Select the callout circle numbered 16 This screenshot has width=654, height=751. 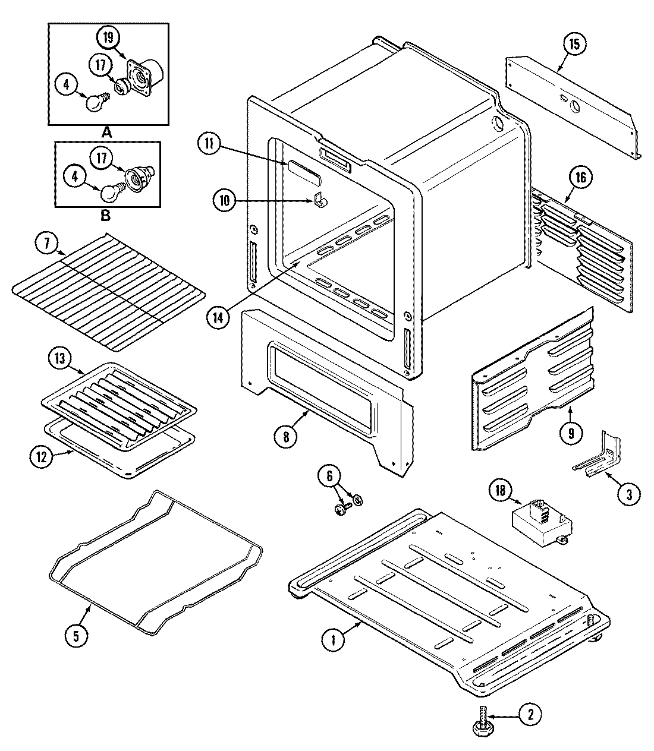pyautogui.click(x=580, y=177)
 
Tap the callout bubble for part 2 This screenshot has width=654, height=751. pyautogui.click(x=530, y=715)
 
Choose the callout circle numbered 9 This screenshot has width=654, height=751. pyautogui.click(x=571, y=433)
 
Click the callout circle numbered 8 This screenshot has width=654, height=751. pyautogui.click(x=286, y=437)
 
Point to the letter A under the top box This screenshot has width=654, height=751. pyautogui.click(x=107, y=132)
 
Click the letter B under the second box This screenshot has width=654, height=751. pyautogui.click(x=105, y=215)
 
